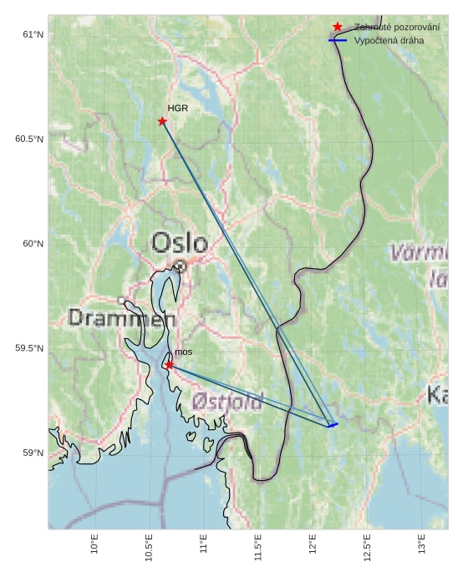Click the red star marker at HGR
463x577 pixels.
(162, 121)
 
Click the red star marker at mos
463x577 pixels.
(169, 365)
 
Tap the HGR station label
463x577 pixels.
(177, 109)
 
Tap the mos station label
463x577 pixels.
(183, 352)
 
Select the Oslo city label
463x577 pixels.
(179, 243)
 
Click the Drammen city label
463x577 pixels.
(122, 318)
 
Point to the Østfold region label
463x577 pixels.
(227, 402)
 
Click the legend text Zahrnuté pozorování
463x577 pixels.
(396, 27)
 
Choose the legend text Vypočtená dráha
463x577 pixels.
(389, 40)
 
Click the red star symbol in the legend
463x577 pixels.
(338, 27)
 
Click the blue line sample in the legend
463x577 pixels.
(338, 40)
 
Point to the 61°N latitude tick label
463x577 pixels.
(33, 34)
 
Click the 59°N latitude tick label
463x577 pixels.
(33, 453)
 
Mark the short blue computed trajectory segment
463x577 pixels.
(333, 425)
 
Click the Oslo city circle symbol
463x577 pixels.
(180, 266)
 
